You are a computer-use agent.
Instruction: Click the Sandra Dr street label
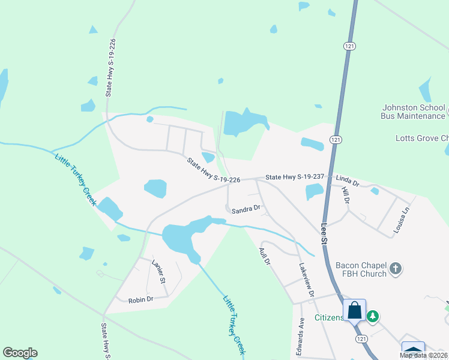pos(246,209)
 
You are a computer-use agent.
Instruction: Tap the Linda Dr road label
pos(347,179)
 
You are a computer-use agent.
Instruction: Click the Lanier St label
pos(158,272)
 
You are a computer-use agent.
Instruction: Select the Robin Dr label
pos(141,299)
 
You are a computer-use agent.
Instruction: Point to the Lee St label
pos(325,233)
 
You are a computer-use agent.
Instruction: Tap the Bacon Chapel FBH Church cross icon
pos(395,269)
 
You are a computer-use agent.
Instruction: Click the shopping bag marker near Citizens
pos(354,311)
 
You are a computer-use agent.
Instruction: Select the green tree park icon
pos(373,315)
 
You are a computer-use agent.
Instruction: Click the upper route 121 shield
pos(349,46)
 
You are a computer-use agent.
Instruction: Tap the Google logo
pos(20,353)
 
